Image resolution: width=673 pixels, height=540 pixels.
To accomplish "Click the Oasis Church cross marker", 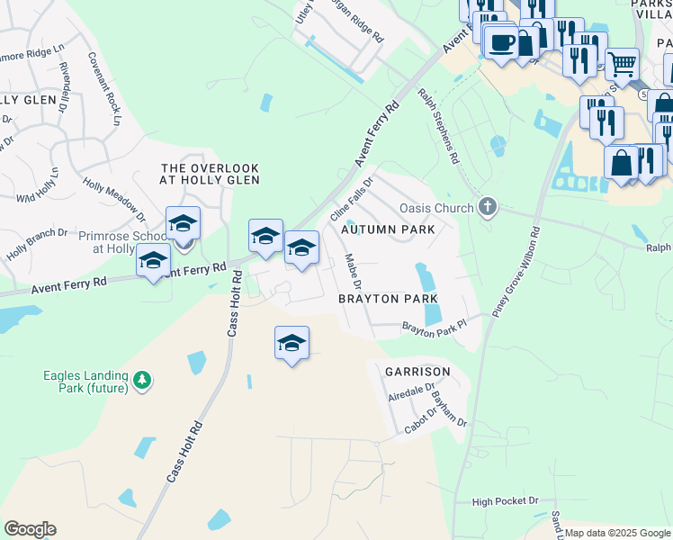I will coord(488,208).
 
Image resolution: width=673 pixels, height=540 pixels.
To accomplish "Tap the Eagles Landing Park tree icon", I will coord(141,382).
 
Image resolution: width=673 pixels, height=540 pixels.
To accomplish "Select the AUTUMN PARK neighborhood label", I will coord(388,229).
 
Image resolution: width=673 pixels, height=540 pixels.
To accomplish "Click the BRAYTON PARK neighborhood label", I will coord(388,299).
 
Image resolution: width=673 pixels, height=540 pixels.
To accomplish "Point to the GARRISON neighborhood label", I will coord(417,371).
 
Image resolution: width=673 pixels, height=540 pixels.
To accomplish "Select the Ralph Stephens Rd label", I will coord(438,125).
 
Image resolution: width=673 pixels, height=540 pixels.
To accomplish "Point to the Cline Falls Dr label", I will coord(352,200).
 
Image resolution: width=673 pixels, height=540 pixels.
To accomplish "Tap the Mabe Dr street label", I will coord(353,271).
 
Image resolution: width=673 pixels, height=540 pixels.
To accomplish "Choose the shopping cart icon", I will coord(622,64).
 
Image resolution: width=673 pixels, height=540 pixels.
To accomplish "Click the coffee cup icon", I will coord(501,41).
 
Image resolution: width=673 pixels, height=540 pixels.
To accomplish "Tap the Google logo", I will coord(30,529).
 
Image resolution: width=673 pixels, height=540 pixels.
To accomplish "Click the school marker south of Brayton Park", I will coord(292,344).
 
